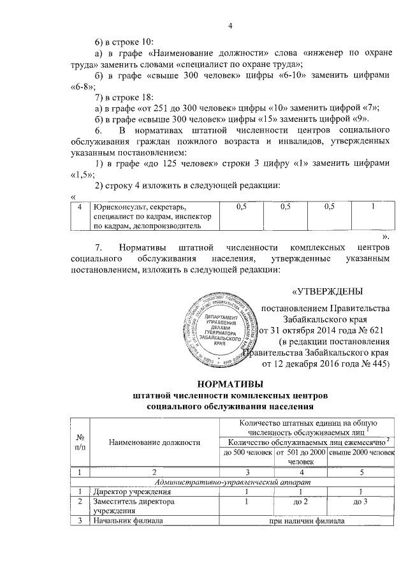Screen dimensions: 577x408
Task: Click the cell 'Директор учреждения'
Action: click(x=128, y=492)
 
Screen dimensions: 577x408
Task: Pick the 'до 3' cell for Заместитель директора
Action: click(x=360, y=502)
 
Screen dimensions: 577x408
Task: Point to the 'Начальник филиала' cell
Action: click(x=125, y=523)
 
